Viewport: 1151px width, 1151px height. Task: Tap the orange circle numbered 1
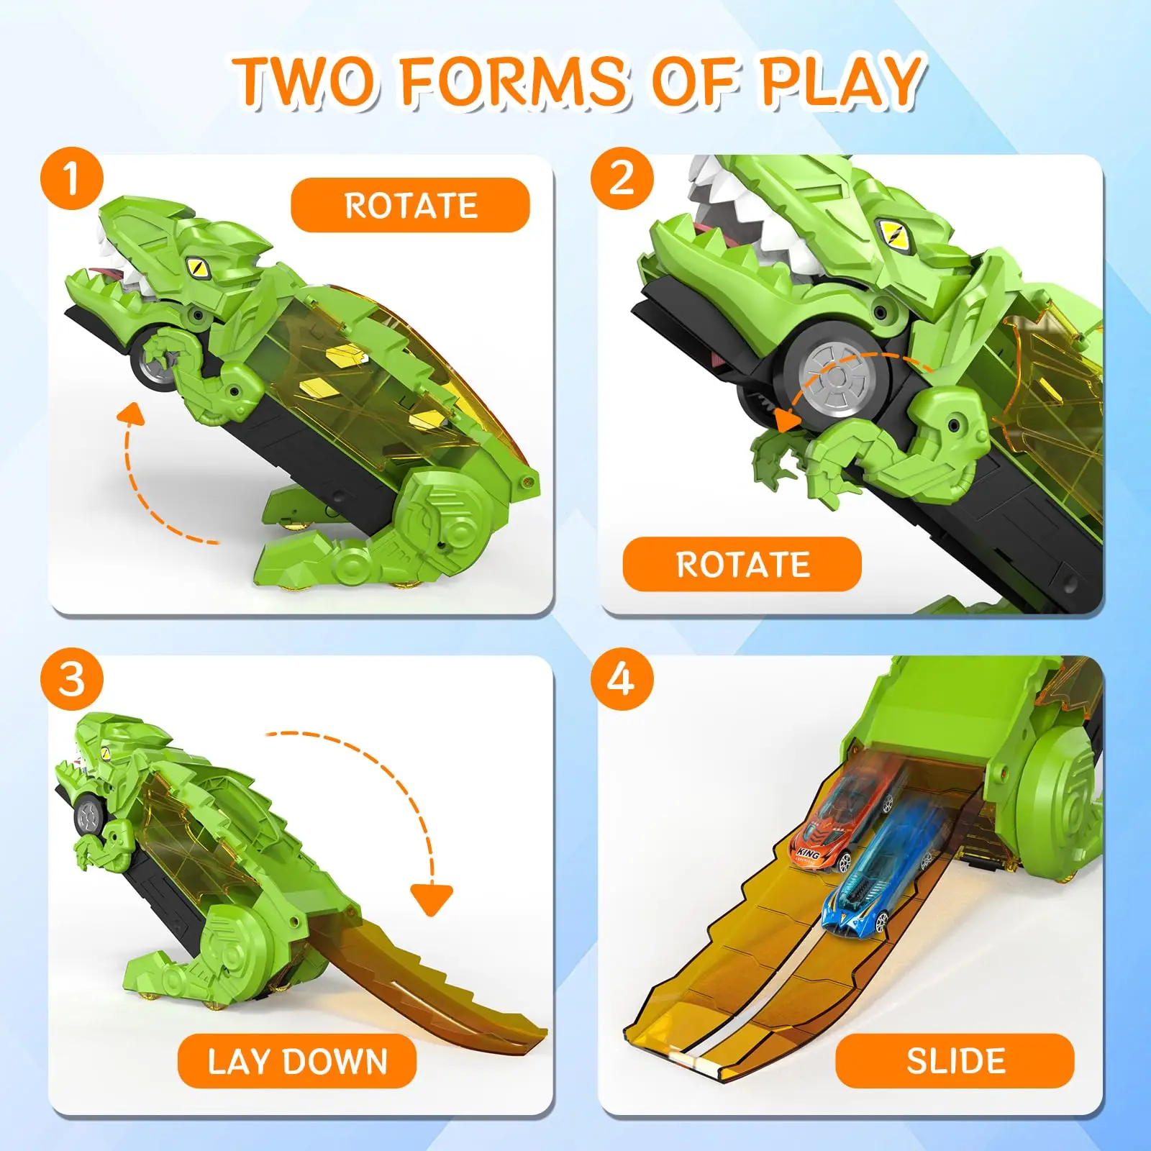coord(71,178)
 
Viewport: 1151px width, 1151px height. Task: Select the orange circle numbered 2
coord(622,178)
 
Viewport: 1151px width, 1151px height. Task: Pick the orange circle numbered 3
coord(71,679)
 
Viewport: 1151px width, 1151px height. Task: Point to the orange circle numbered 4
coord(622,679)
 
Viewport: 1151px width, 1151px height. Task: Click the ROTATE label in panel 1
coord(410,206)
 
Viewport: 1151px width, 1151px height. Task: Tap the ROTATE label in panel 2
coord(742,564)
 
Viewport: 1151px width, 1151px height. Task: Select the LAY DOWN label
coord(297,1061)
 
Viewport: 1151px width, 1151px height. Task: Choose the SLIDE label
coord(955,1061)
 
